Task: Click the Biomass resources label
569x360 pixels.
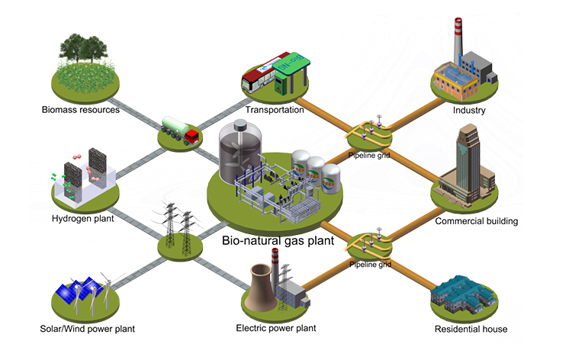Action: [81, 110]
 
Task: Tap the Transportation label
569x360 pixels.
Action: [275, 110]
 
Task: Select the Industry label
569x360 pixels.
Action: [468, 110]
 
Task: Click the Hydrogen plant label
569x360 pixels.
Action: [82, 219]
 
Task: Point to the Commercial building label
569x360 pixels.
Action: [476, 221]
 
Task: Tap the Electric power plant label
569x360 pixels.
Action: [276, 329]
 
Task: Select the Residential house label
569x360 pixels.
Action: [471, 329]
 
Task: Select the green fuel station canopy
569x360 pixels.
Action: [289, 61]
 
